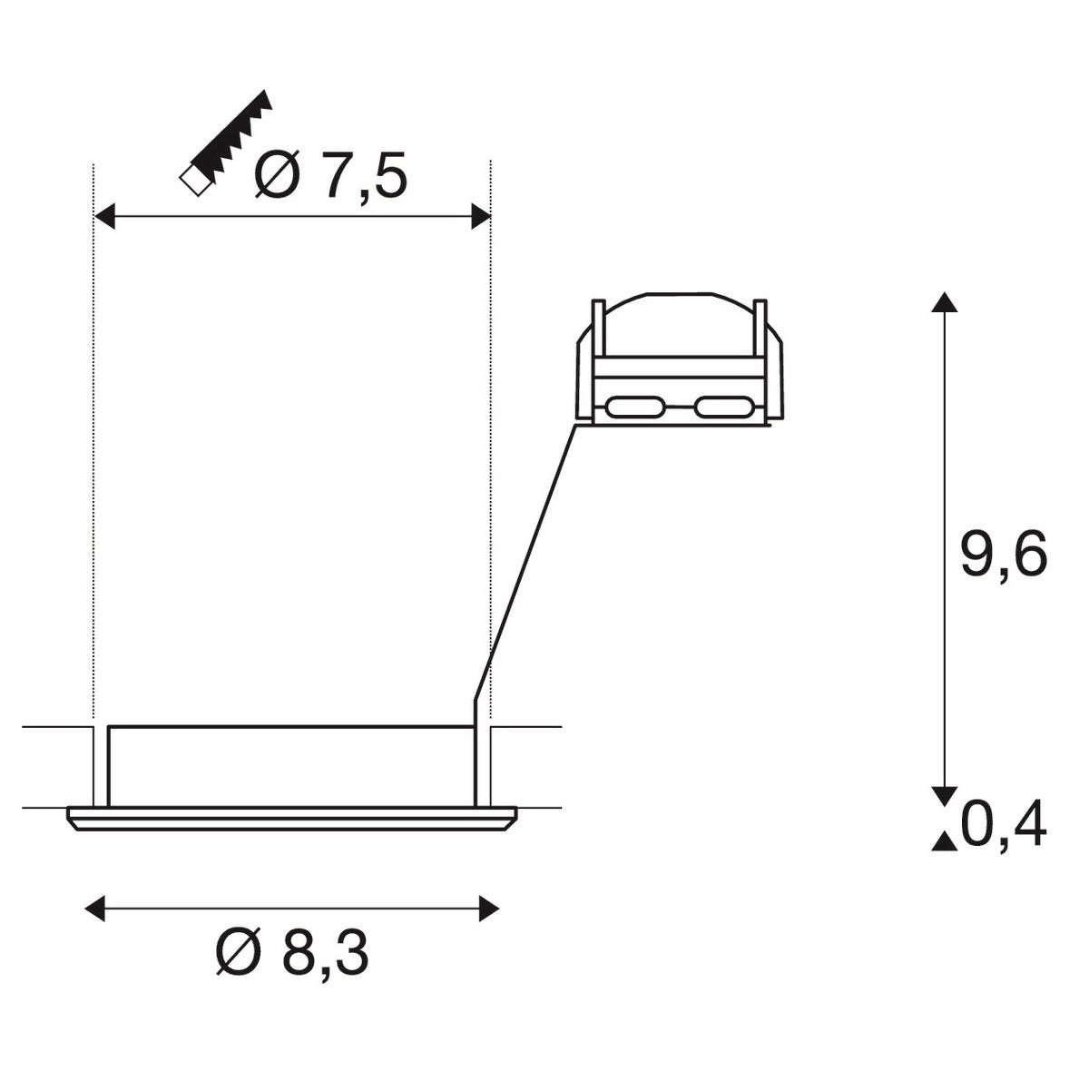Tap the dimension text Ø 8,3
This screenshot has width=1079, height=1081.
(x=292, y=952)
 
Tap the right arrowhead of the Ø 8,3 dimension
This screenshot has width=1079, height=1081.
(x=488, y=907)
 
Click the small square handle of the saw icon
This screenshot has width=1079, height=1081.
(x=193, y=180)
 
